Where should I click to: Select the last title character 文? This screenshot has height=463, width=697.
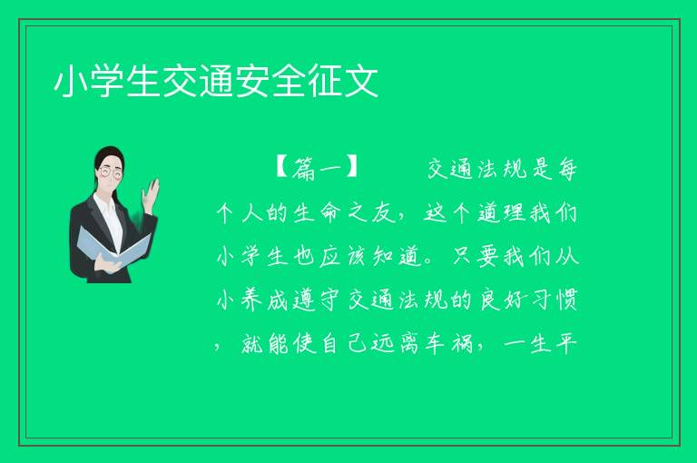[361, 82]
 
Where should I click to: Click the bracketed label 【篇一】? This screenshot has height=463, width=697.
[317, 169]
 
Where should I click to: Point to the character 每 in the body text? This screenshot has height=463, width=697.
[567, 169]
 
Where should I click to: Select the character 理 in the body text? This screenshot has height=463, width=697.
[515, 212]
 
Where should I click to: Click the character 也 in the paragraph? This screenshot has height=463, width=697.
[305, 256]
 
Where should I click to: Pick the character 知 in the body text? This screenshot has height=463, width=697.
[383, 256]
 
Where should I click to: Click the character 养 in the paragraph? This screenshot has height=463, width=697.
[252, 300]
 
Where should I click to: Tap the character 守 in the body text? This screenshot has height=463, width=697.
[330, 300]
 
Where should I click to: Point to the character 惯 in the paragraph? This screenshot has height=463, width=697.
[567, 300]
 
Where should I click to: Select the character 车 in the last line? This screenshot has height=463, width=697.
[436, 343]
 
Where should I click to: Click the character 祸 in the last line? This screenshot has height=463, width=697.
[462, 343]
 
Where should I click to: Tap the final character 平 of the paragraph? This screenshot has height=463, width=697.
[567, 343]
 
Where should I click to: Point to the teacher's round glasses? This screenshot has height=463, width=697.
[110, 172]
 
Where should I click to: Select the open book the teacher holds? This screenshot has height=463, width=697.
[113, 247]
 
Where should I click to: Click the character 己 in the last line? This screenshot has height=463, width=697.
[358, 343]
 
